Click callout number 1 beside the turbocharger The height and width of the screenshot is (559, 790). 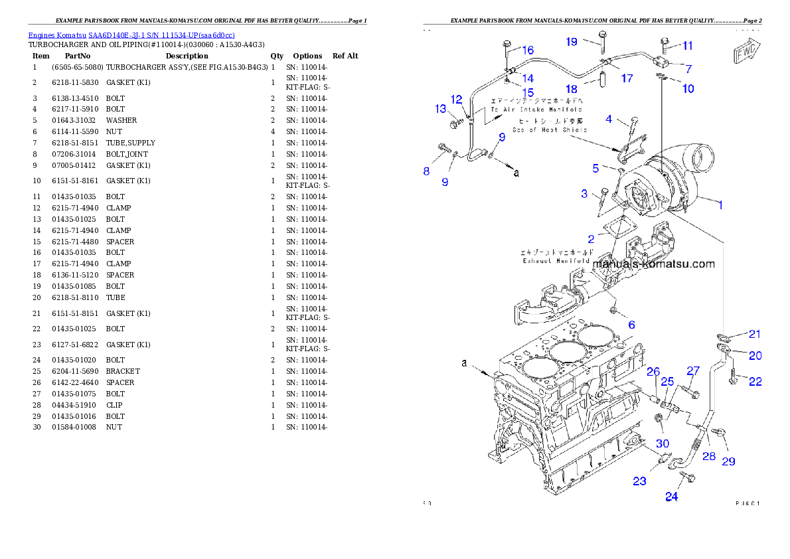coord(719,206)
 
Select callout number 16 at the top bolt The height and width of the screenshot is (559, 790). coord(528,50)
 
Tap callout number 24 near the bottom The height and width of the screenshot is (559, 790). coord(672,497)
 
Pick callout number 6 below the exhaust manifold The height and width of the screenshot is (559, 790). coord(631,325)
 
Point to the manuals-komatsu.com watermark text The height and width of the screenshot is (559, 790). coord(654,264)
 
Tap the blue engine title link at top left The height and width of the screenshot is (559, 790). coord(131,35)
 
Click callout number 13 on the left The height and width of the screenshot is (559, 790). coord(441,109)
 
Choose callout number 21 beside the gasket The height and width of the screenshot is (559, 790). coord(755,334)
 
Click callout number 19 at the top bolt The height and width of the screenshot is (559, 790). coord(572,42)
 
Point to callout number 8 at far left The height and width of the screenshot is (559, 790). coord(427,171)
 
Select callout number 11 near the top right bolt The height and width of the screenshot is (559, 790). coord(688,46)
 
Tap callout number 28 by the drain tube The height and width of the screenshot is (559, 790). coord(709,456)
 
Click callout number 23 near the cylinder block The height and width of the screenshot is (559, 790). coord(639,481)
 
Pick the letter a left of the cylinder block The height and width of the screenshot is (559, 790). coord(465,363)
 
